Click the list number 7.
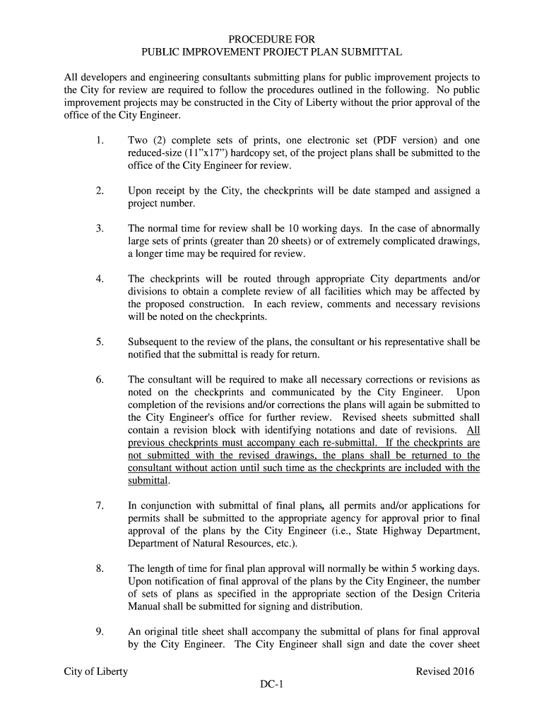click(x=100, y=506)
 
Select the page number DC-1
click(x=271, y=685)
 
